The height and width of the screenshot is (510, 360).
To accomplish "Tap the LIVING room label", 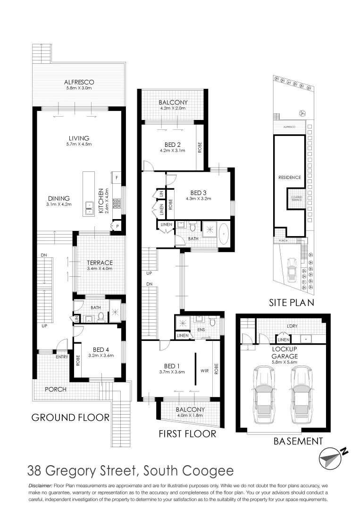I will tap(79, 138).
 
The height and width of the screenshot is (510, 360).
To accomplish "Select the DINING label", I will tap(59, 198).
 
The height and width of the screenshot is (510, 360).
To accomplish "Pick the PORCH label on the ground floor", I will tap(55, 389).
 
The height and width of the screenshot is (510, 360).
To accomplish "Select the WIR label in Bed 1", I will tap(204, 371).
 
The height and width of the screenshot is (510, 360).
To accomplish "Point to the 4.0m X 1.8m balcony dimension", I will tap(190, 416).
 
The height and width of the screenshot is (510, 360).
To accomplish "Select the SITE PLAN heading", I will tap(291, 303).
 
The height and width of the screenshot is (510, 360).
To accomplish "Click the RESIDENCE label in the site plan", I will tap(289, 177).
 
